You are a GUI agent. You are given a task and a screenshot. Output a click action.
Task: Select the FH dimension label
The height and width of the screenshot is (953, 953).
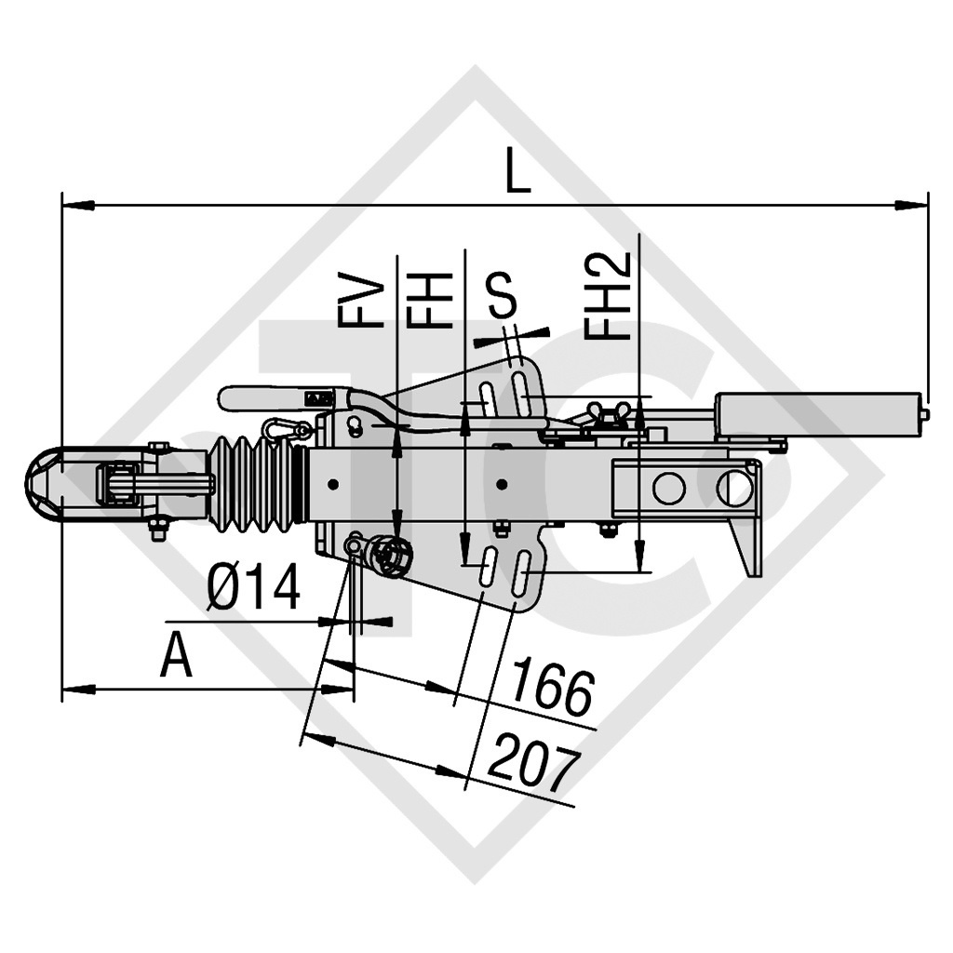click(x=430, y=300)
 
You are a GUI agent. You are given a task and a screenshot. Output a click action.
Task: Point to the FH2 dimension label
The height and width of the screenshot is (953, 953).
click(x=609, y=296)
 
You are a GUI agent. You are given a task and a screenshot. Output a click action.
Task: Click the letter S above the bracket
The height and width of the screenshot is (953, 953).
click(x=503, y=297)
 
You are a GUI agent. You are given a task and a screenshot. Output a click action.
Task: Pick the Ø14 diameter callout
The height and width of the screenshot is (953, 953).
click(x=253, y=589)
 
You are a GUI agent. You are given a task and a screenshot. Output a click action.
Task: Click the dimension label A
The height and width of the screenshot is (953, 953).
click(x=176, y=657)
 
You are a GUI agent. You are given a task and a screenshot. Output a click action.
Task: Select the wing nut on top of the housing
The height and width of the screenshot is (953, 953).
click(x=609, y=415)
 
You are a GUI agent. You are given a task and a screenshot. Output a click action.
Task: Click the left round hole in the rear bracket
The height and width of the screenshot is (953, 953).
click(x=668, y=488)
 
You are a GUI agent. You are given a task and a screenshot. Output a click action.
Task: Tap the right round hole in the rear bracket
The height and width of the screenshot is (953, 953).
click(x=734, y=488)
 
